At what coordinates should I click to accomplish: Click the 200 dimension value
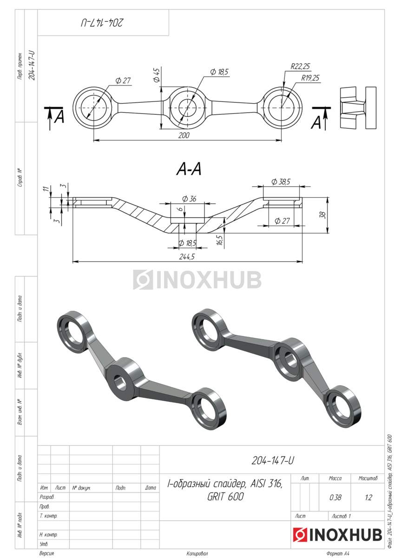[x=184, y=135]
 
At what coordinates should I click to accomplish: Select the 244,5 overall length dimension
[x=187, y=257]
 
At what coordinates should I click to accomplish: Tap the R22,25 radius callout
[x=301, y=66]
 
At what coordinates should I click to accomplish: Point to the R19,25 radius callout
[x=310, y=78]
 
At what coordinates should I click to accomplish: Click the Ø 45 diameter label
[x=157, y=75]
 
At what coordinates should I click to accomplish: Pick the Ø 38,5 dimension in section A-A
[x=281, y=182]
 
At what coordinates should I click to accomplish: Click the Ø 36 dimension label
[x=189, y=199]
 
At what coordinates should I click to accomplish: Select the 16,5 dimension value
[x=220, y=239]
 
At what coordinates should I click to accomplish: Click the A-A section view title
[x=189, y=169]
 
